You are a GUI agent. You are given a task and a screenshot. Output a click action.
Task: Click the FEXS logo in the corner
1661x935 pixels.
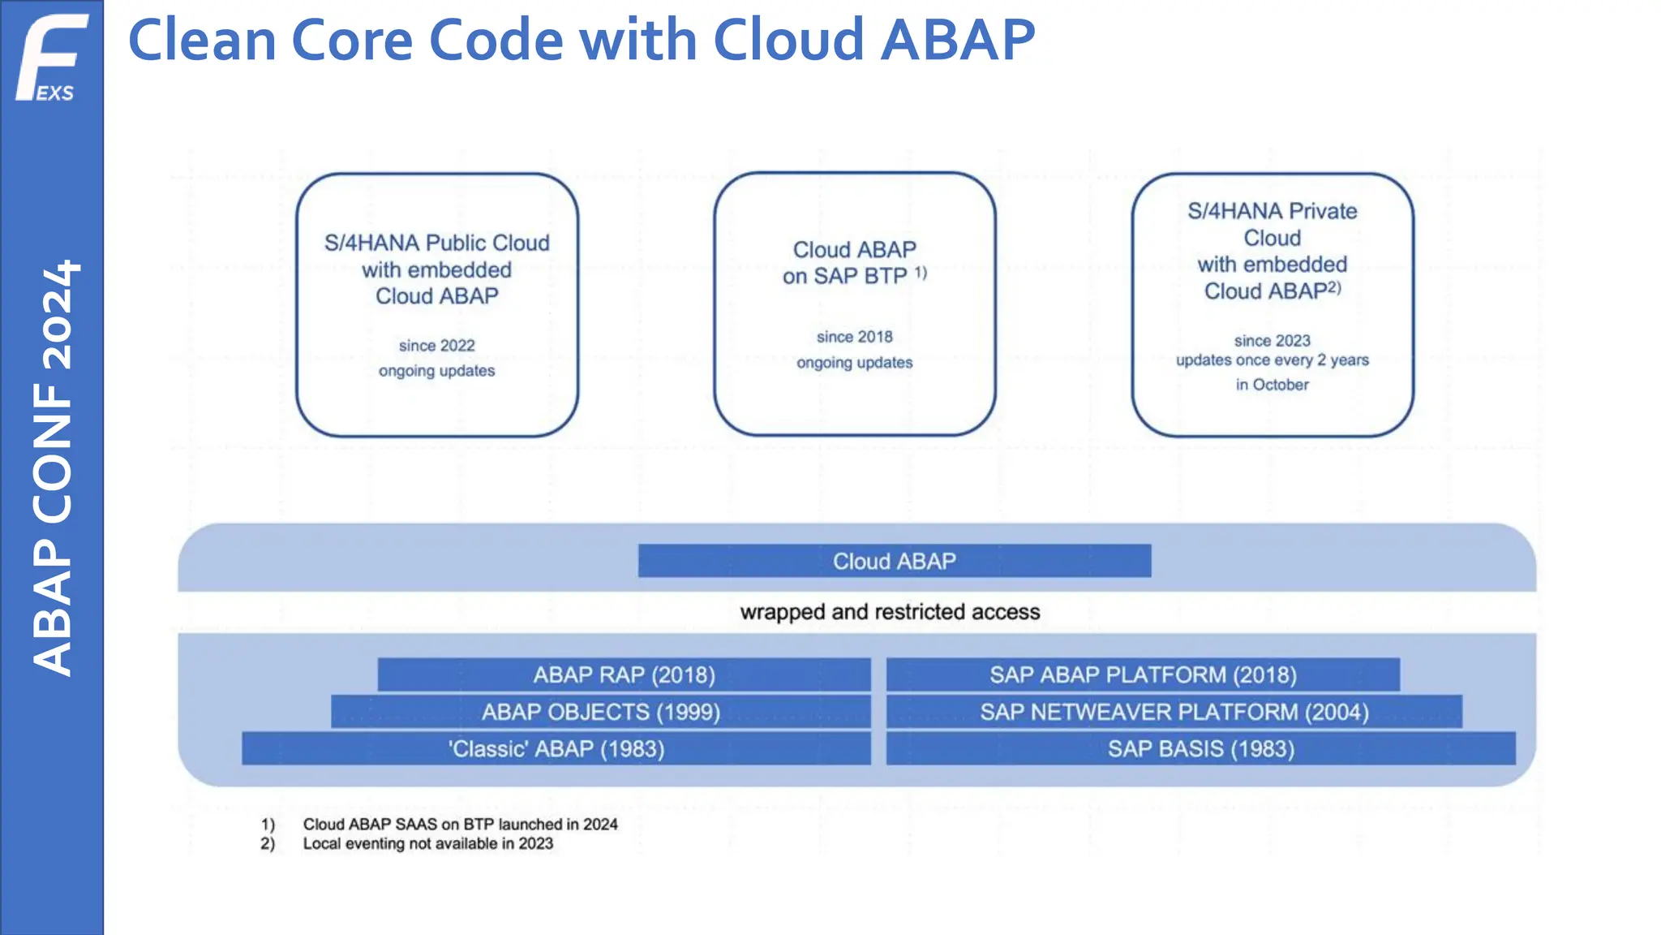coord(50,57)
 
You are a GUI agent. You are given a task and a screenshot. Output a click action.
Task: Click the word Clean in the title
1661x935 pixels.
coord(202,40)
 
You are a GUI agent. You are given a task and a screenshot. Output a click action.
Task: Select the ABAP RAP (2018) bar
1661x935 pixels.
coord(624,674)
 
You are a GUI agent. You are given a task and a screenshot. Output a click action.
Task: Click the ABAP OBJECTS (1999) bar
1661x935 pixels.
coord(600,712)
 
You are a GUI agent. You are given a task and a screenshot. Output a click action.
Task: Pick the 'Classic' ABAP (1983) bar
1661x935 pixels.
coord(556,748)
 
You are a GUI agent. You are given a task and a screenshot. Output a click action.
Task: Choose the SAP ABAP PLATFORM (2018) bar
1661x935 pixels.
coord(1143,674)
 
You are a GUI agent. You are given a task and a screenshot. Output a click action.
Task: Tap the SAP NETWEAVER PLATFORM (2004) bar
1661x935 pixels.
coord(1174,712)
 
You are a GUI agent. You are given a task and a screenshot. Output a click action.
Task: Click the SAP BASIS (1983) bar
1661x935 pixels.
coord(1200,748)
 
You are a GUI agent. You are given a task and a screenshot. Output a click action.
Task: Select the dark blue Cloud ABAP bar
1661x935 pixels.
coord(894,561)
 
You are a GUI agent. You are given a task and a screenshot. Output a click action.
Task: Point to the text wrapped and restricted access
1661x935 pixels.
coord(890,612)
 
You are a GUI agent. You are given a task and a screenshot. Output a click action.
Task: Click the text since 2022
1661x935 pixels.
coord(436,346)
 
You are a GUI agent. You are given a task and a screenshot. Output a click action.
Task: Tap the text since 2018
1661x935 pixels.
coord(854,337)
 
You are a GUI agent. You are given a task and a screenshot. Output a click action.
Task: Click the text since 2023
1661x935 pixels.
coord(1272,341)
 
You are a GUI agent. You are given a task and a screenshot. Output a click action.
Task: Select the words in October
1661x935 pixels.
coord(1272,385)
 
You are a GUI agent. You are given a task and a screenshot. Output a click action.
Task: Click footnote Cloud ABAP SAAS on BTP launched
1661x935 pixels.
coord(460,825)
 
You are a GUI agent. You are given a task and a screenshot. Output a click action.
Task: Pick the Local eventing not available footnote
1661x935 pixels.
coord(427,844)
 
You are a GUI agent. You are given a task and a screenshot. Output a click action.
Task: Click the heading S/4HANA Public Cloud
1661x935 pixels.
coord(436,243)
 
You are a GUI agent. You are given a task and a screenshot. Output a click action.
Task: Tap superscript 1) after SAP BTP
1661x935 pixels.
coord(921,273)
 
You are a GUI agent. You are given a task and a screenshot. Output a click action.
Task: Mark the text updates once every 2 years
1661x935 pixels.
coord(1272,360)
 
